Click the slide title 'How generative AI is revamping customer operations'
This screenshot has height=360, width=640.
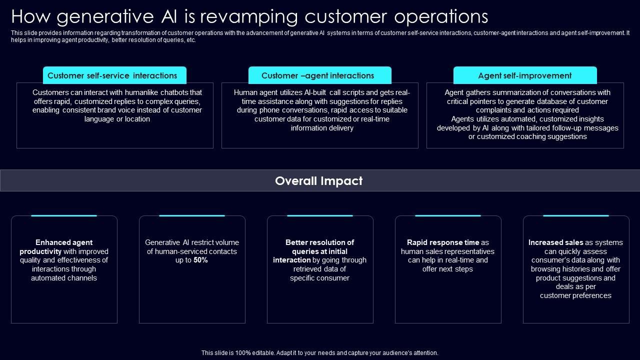click(x=249, y=17)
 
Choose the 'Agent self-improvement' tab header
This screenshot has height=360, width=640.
click(x=524, y=76)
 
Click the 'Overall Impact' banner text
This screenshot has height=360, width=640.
click(x=318, y=181)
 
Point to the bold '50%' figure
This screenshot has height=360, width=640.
click(x=200, y=260)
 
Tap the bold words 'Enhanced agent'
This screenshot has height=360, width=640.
click(x=64, y=242)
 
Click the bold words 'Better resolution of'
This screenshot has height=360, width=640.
click(x=319, y=242)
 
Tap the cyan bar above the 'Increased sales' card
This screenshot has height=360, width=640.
click(x=575, y=216)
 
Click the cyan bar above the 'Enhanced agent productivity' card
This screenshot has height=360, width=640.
click(x=64, y=216)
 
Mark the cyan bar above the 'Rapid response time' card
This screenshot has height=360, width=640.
click(x=447, y=216)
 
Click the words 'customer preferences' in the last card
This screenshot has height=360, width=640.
click(x=575, y=295)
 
